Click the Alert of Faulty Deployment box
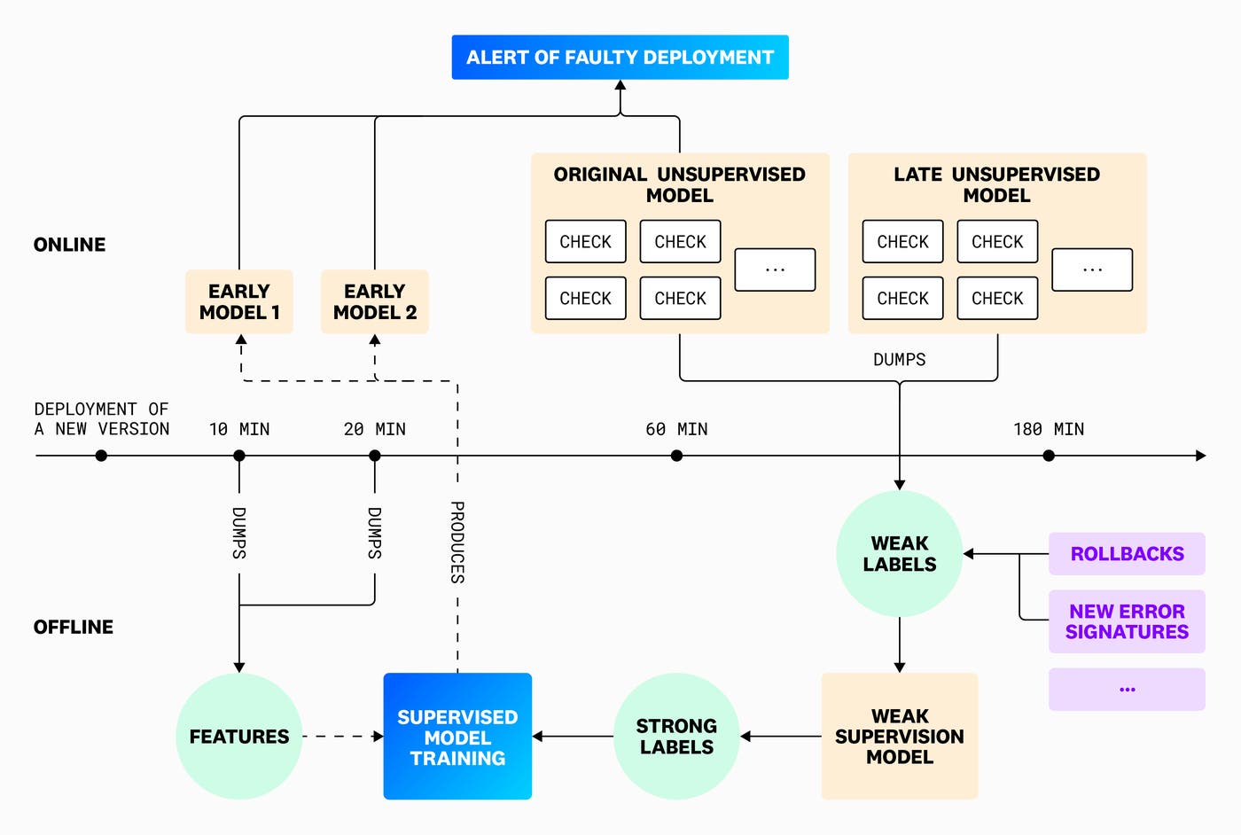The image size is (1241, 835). pyautogui.click(x=620, y=58)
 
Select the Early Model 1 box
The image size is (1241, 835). pyautogui.click(x=239, y=302)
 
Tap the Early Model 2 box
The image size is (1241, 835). pyautogui.click(x=374, y=302)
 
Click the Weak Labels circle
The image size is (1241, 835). pyautogui.click(x=899, y=554)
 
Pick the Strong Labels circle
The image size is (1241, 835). pyautogui.click(x=676, y=737)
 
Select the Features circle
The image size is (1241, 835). pyautogui.click(x=239, y=737)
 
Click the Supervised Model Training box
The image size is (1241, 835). pyautogui.click(x=457, y=737)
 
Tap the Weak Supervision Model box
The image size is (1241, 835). pyautogui.click(x=899, y=737)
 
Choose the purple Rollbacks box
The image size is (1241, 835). pyautogui.click(x=1127, y=554)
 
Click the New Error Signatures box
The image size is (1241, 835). pyautogui.click(x=1127, y=621)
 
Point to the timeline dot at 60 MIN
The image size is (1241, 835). pyautogui.click(x=676, y=456)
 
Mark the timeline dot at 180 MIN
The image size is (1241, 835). pyautogui.click(x=1049, y=456)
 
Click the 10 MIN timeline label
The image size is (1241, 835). pyautogui.click(x=239, y=430)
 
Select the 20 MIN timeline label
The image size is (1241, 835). pyautogui.click(x=374, y=430)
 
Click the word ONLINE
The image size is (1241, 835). pyautogui.click(x=69, y=245)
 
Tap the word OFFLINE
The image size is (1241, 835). pyautogui.click(x=74, y=628)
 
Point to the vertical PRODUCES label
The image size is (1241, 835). pyautogui.click(x=457, y=542)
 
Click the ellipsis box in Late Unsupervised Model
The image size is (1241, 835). pyautogui.click(x=1092, y=269)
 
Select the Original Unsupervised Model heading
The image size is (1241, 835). pyautogui.click(x=679, y=184)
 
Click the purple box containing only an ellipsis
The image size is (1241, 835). pyautogui.click(x=1127, y=689)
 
